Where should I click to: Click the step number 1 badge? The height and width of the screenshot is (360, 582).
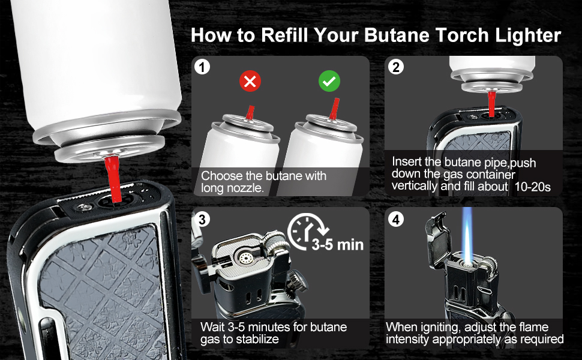click(203, 68)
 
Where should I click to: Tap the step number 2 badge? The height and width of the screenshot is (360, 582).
click(395, 68)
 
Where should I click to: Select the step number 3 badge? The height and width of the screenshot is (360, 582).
click(203, 220)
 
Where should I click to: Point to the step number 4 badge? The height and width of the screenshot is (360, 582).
click(395, 220)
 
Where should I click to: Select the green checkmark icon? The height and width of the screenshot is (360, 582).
click(328, 82)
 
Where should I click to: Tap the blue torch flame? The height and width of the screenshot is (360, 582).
click(468, 236)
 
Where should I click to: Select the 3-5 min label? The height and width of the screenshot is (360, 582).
click(337, 245)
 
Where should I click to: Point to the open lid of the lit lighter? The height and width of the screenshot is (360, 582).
click(438, 231)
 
